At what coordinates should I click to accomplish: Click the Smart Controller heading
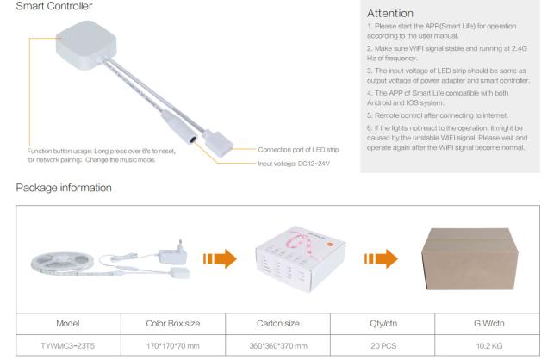(54, 6)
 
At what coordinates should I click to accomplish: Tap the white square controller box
(86, 44)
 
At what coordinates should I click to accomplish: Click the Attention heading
(390, 13)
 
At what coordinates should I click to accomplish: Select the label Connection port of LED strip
(298, 150)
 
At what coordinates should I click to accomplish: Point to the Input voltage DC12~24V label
(294, 164)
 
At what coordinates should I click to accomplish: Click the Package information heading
(64, 188)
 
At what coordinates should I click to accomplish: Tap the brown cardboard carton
(470, 259)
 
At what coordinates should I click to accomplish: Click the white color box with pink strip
(301, 258)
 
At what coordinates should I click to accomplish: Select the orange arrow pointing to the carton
(381, 258)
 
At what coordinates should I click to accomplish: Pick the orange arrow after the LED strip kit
(220, 258)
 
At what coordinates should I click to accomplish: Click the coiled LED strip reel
(63, 264)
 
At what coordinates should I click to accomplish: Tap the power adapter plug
(173, 252)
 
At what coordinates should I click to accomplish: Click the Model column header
(68, 324)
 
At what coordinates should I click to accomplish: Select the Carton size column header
(278, 324)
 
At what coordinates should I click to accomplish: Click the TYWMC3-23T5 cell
(68, 345)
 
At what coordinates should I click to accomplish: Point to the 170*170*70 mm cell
(173, 345)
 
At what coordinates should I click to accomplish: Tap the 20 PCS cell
(383, 345)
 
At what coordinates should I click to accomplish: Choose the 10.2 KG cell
(489, 345)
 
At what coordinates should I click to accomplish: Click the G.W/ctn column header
(489, 324)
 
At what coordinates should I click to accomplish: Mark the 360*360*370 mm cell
(278, 345)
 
